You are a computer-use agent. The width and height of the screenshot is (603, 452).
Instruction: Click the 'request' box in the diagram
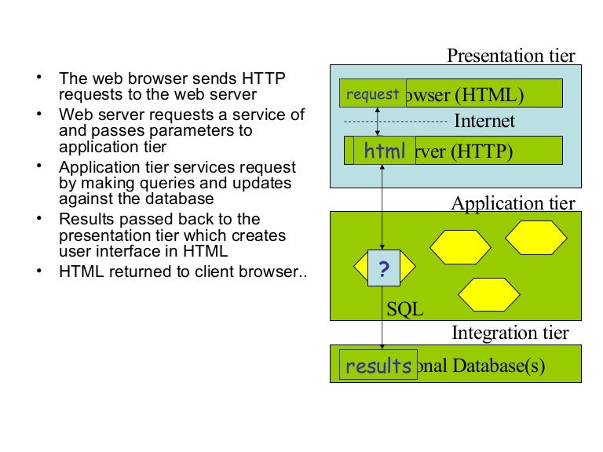click(x=373, y=93)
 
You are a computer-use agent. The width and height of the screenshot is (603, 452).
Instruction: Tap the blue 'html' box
click(x=385, y=151)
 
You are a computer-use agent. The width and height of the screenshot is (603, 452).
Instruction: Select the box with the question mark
click(x=383, y=269)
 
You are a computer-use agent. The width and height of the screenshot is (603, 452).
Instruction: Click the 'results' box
click(x=378, y=366)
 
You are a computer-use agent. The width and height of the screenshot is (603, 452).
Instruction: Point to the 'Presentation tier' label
click(x=510, y=56)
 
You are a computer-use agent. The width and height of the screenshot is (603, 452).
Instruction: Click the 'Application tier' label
click(x=513, y=203)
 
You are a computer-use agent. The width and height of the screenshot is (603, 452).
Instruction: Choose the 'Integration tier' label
click(x=510, y=333)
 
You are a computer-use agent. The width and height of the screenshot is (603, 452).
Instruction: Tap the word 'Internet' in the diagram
click(x=484, y=121)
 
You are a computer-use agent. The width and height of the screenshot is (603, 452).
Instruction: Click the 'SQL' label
click(x=404, y=309)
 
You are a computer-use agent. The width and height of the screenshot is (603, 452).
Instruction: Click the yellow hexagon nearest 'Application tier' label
click(x=535, y=237)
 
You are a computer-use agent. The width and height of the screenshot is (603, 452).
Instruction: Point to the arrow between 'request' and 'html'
click(x=377, y=122)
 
